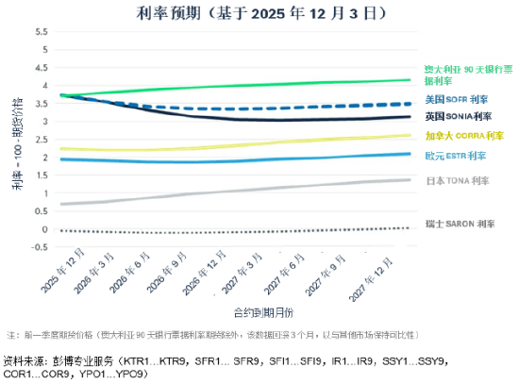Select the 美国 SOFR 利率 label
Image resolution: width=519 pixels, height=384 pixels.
tap(457, 99)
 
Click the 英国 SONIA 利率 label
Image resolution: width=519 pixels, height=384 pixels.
tap(459, 116)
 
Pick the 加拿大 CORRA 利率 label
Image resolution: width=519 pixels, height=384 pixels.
tap(459, 137)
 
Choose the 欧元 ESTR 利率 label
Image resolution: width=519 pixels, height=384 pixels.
tap(456, 155)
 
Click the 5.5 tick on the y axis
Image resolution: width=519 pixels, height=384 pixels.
tap(41, 31)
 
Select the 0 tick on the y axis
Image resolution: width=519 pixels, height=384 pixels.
tap(44, 229)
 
